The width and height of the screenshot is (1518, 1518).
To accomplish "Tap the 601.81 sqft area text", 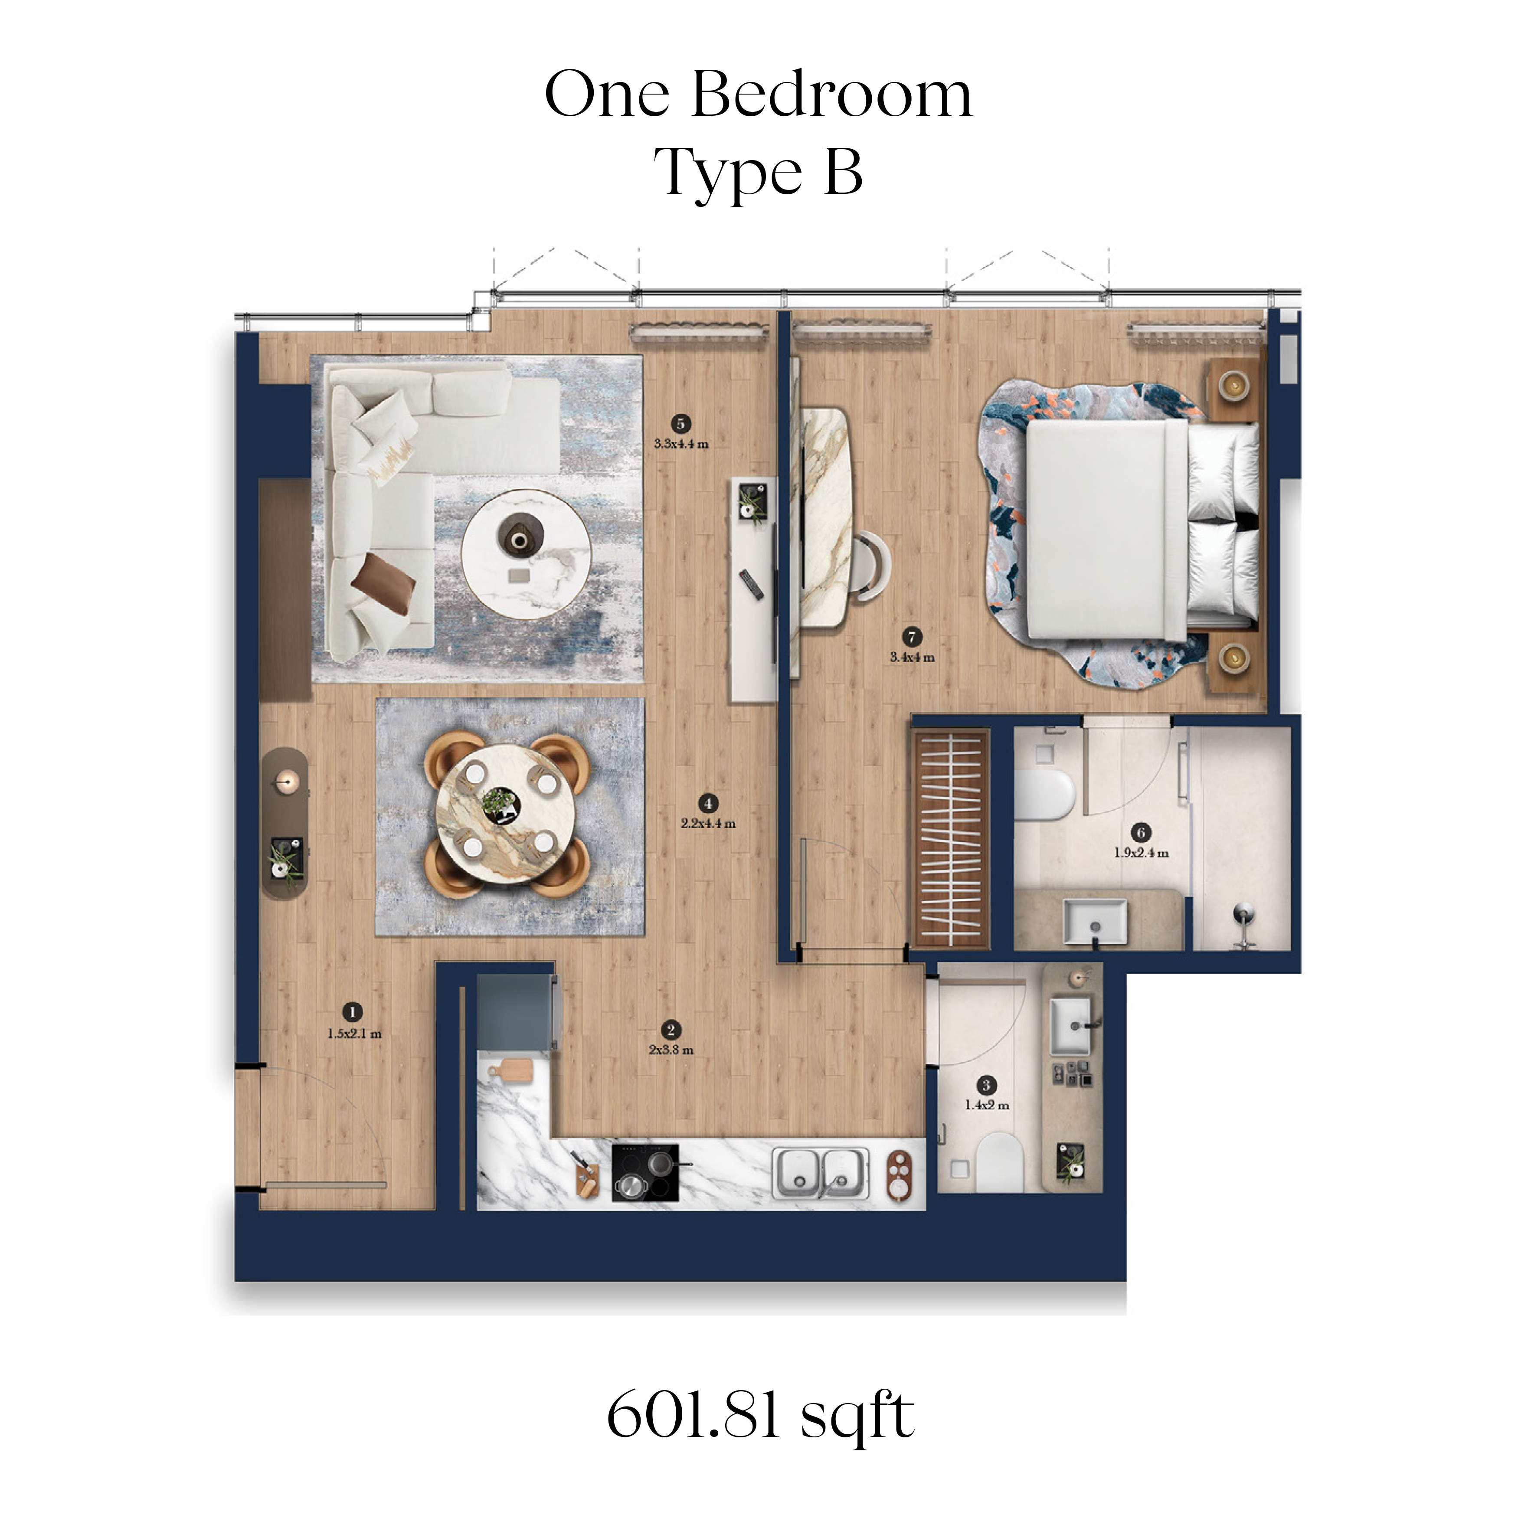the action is click(761, 1416).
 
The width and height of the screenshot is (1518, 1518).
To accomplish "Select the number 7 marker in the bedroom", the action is click(911, 637).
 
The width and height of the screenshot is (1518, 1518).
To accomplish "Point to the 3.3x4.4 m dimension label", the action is click(681, 444).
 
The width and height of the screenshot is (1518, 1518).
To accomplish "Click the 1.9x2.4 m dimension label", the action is click(1142, 853).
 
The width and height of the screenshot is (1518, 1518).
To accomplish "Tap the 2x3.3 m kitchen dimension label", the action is click(671, 1050).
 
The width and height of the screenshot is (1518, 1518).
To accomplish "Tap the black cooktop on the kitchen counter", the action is click(645, 1172).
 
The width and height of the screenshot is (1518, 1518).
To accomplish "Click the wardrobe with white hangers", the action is click(950, 839).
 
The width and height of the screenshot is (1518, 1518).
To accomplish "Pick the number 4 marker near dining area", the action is click(708, 803).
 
